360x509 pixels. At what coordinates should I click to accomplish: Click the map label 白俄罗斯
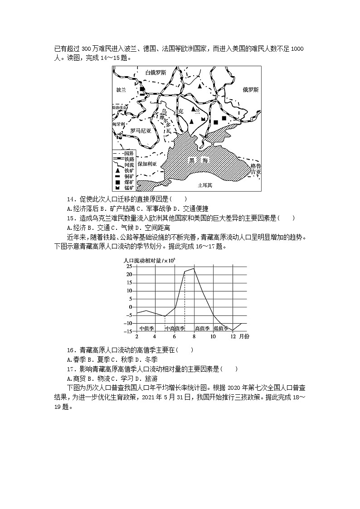(x=155, y=73)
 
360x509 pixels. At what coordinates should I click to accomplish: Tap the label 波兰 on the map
(x=121, y=90)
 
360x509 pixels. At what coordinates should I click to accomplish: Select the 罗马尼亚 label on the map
(x=140, y=130)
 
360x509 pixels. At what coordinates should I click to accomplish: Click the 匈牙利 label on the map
(x=118, y=123)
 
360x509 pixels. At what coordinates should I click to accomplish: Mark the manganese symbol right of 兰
(x=204, y=119)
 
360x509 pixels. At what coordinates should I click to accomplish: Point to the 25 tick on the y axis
(x=129, y=267)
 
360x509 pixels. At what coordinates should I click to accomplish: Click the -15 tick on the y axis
(x=128, y=331)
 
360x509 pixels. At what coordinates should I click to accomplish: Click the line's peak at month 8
(x=194, y=269)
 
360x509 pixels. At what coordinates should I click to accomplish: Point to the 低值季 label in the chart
(x=221, y=328)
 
